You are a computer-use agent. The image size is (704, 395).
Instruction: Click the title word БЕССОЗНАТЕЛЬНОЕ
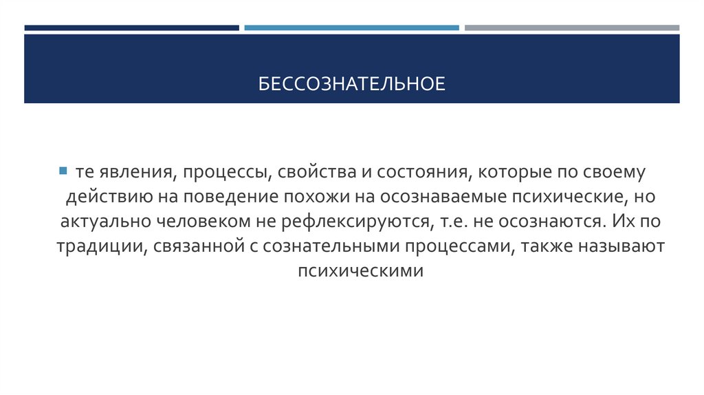pos(352,84)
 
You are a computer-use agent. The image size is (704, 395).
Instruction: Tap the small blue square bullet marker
pos(62,170)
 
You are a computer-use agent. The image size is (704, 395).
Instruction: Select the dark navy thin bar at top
pos(131,28)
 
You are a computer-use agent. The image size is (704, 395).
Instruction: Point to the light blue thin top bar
pos(351,28)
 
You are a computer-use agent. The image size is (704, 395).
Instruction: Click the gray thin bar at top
pos(571,28)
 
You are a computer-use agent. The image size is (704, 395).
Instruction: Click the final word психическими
pos(351,271)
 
